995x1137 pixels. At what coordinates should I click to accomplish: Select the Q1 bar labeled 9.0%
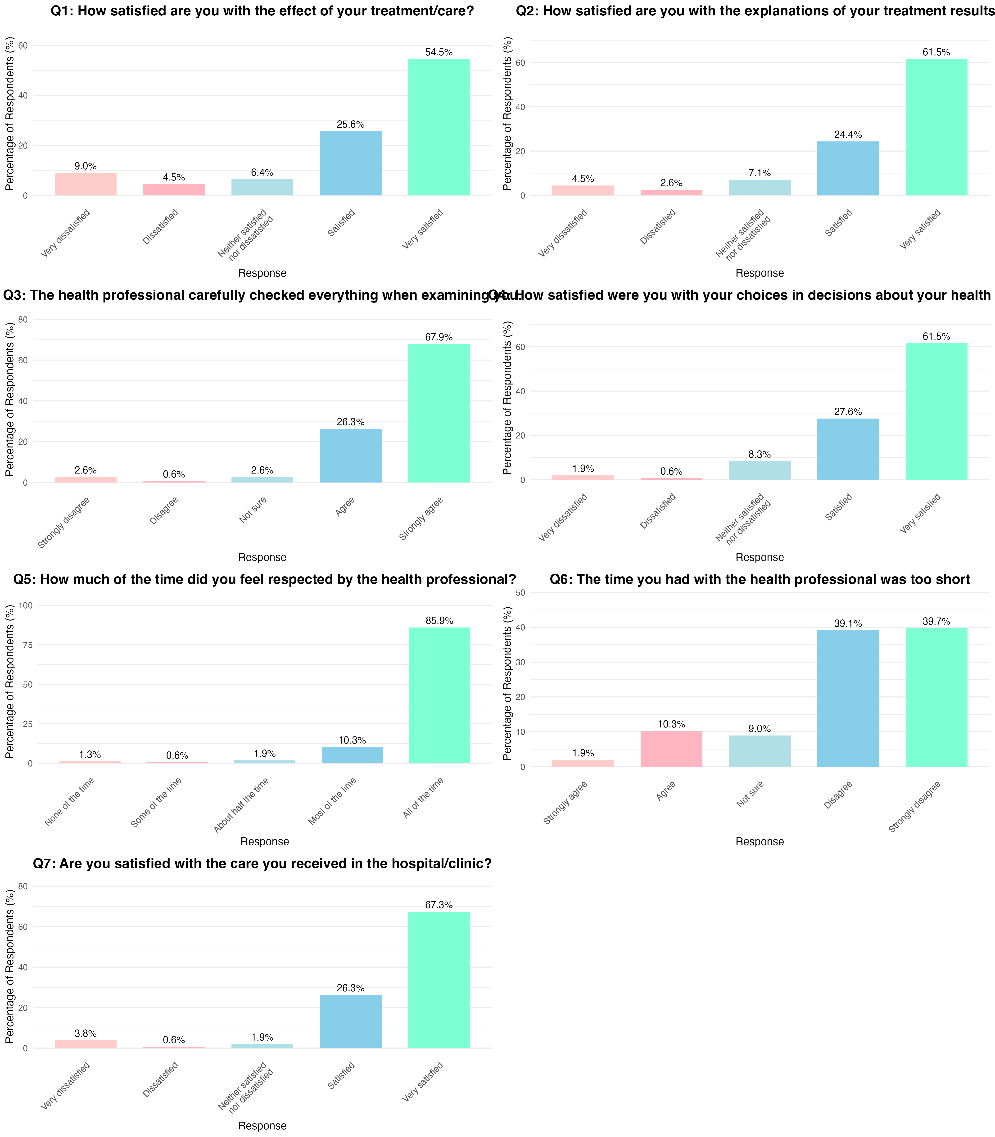pos(86,184)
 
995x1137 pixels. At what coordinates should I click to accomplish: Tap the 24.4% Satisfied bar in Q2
pos(848,169)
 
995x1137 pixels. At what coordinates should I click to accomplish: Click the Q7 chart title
pos(262,864)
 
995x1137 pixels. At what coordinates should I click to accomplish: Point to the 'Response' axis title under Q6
pos(760,842)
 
